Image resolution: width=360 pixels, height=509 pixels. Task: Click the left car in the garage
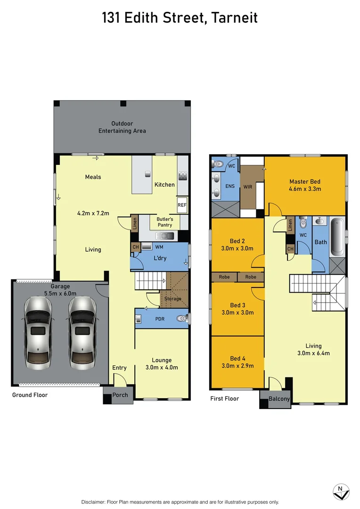pyautogui.click(x=38, y=333)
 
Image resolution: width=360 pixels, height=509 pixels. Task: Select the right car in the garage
pyautogui.click(x=82, y=333)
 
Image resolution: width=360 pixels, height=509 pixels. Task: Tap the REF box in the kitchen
pyautogui.click(x=182, y=205)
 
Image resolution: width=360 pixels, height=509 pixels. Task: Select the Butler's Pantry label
pyautogui.click(x=165, y=222)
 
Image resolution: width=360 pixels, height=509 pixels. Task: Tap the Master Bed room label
pyautogui.click(x=305, y=185)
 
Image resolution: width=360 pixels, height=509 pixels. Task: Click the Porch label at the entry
pyautogui.click(x=120, y=395)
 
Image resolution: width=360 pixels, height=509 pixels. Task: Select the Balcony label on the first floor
pyautogui.click(x=279, y=399)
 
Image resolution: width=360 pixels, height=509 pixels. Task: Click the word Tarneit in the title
pyautogui.click(x=235, y=18)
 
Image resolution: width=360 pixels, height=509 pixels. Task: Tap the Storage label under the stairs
pyautogui.click(x=172, y=299)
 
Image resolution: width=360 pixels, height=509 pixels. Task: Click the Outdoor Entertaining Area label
pyautogui.click(x=122, y=127)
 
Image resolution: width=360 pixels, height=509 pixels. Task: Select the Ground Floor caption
pyautogui.click(x=30, y=395)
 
